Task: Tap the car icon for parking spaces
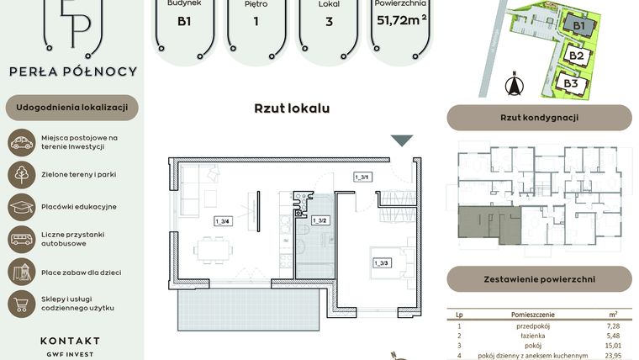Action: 21,142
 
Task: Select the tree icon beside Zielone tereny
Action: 21,174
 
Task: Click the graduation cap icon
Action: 21,206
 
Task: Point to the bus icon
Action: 21,239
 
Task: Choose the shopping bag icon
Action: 21,303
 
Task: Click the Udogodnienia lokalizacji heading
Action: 71,108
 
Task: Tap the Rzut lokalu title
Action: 292,109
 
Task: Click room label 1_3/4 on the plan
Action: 222,220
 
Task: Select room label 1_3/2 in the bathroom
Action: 319,220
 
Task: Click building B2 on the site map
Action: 577,56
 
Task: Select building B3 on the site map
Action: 571,83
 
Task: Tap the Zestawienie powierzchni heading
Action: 539,278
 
